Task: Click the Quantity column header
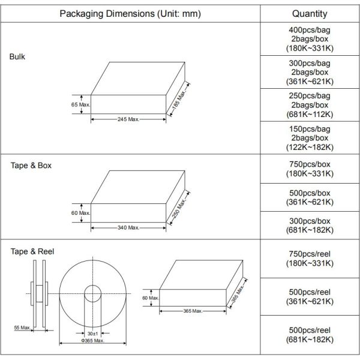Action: tap(310, 14)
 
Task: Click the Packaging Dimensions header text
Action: tap(130, 14)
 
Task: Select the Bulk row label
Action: tap(17, 57)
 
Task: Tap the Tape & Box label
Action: tap(31, 166)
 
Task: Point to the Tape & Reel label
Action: tap(32, 251)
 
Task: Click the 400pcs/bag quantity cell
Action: tap(310, 39)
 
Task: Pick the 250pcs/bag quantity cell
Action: tap(310, 105)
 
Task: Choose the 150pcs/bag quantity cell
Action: tap(310, 138)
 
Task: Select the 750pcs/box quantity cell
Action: tap(310, 169)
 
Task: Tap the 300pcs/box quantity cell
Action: tap(310, 226)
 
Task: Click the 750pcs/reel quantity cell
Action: tap(310, 259)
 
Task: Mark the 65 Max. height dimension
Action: tap(80, 104)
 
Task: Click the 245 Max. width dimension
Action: tap(128, 119)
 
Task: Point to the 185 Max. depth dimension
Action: tap(180, 100)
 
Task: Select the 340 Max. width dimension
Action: tap(128, 228)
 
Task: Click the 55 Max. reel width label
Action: tap(22, 328)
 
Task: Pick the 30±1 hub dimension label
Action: tap(93, 334)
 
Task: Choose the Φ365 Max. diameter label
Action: tap(93, 341)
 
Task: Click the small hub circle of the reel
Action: tap(93, 286)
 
